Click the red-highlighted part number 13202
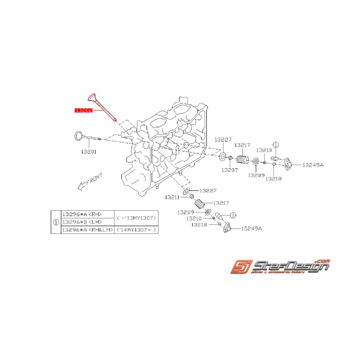(84, 110)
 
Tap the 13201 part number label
(89, 152)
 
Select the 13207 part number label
(230, 169)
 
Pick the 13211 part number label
(172, 197)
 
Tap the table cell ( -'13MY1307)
(137, 218)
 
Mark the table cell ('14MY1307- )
(137, 230)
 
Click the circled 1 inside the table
(56, 222)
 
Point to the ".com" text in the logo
(323, 261)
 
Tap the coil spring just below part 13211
(199, 204)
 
